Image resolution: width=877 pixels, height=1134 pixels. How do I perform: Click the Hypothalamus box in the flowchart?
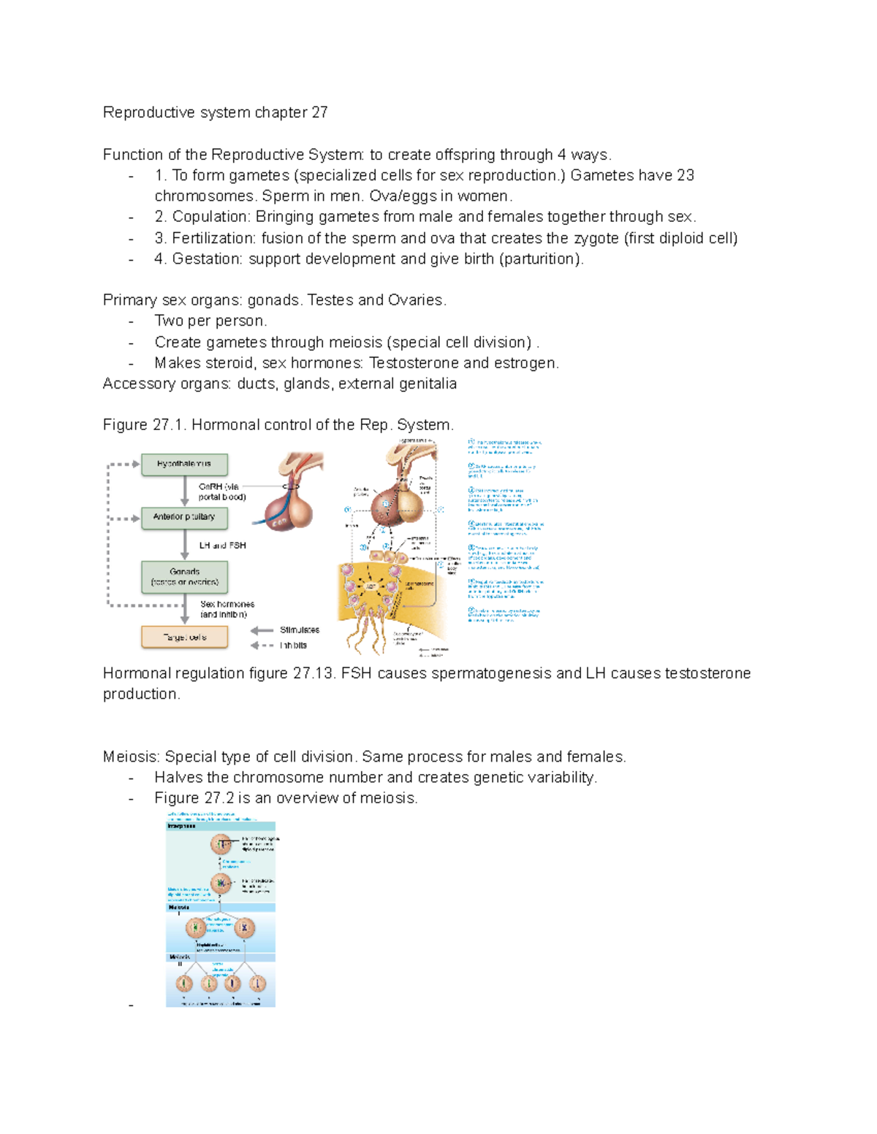tap(184, 464)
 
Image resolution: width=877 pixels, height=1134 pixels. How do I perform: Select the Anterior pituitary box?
tap(184, 518)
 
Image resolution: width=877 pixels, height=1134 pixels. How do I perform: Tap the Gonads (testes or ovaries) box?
tap(184, 577)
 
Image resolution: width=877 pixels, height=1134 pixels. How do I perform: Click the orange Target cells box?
tap(184, 637)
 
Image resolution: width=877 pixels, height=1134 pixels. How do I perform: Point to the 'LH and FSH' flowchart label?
tap(222, 545)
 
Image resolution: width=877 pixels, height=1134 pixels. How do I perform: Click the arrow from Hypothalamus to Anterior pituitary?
tap(185, 491)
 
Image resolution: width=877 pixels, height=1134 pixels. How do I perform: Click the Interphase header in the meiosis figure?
tap(182, 826)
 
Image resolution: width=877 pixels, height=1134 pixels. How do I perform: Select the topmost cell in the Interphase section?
tap(221, 844)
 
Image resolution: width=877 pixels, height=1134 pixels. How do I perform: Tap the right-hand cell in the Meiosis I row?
tap(244, 928)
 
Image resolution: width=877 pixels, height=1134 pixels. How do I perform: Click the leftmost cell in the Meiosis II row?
tap(184, 984)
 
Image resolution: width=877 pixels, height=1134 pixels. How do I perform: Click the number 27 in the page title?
tap(319, 112)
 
